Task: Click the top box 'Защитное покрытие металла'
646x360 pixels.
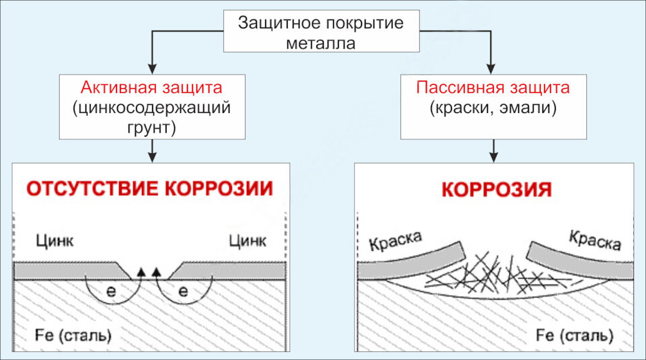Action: (x=322, y=32)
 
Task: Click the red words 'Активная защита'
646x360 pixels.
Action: (x=151, y=87)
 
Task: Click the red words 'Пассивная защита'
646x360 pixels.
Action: (x=493, y=87)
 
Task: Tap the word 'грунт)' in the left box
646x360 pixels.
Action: (x=151, y=128)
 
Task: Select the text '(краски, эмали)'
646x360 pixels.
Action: (x=493, y=108)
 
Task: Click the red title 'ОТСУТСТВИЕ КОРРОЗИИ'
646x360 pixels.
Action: (x=150, y=188)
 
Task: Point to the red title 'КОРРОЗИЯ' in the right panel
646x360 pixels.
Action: (x=497, y=190)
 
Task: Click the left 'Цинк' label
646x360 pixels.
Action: (x=55, y=240)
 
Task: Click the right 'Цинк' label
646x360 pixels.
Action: (x=248, y=240)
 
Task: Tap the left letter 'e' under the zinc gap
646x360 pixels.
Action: (x=111, y=291)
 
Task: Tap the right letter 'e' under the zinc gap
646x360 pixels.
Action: (x=183, y=291)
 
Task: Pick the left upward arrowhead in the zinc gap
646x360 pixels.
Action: (x=141, y=271)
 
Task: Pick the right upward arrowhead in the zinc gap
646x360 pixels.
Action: (x=156, y=271)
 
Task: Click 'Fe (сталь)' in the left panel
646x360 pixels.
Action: (x=73, y=335)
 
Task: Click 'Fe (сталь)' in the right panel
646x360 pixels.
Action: (x=574, y=335)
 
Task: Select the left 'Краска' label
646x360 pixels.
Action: (x=396, y=240)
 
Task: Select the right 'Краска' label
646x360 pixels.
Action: (x=595, y=240)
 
